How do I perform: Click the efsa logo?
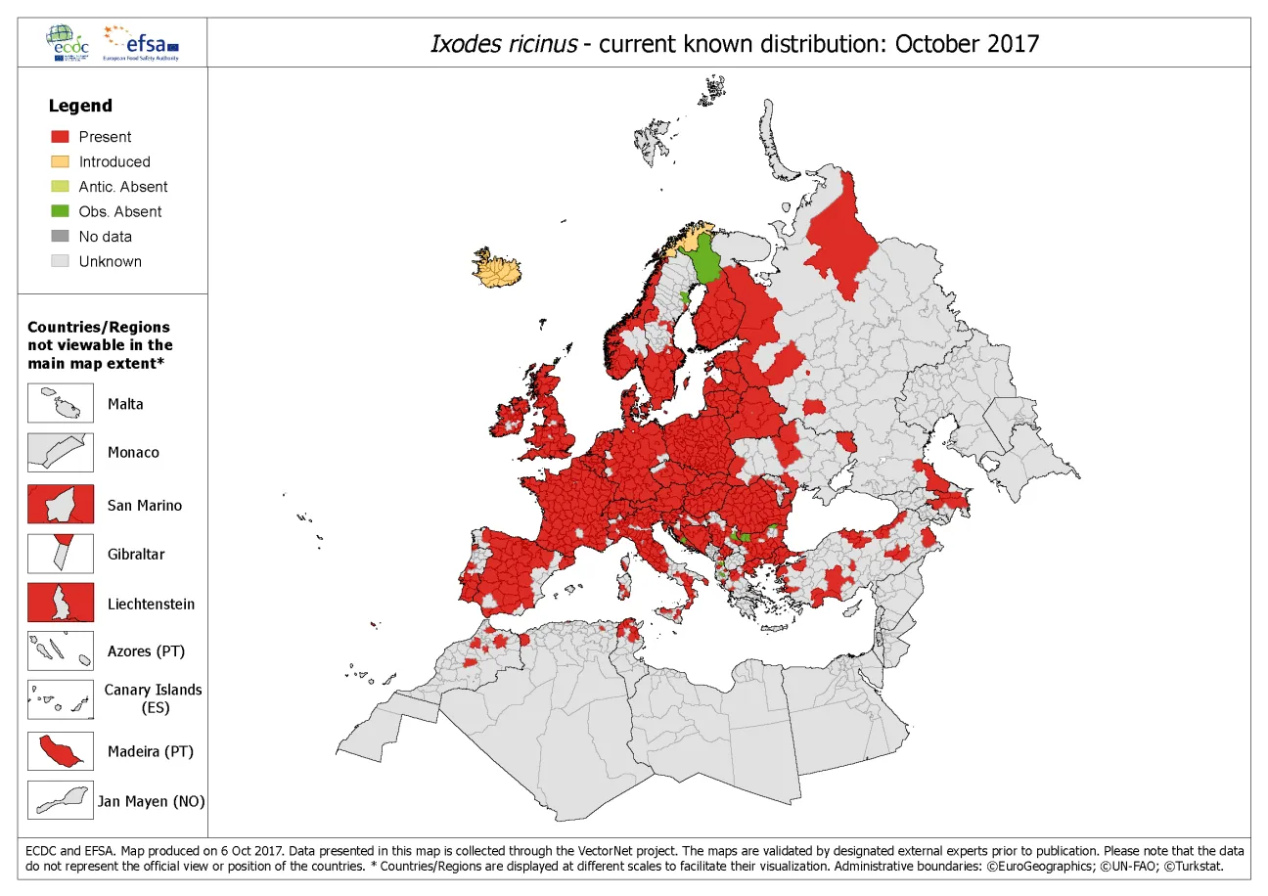click(145, 43)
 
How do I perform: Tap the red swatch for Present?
click(61, 137)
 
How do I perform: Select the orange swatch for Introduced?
click(61, 161)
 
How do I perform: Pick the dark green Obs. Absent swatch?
click(61, 211)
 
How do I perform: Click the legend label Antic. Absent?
click(123, 187)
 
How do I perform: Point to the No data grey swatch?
click(61, 237)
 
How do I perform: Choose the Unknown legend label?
click(110, 261)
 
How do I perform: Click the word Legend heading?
click(80, 106)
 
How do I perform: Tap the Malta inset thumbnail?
click(61, 404)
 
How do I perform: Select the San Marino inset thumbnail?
click(61, 505)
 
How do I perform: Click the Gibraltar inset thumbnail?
click(61, 554)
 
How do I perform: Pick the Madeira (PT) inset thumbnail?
click(61, 751)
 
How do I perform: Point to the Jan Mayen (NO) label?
click(151, 801)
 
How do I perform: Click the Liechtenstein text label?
click(151, 604)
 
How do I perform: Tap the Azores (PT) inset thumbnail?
click(61, 650)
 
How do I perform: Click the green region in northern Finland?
click(704, 262)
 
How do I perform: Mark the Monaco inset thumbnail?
click(61, 453)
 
